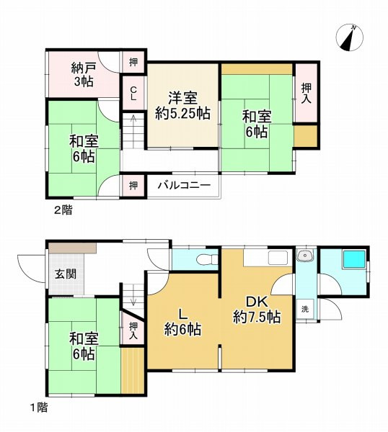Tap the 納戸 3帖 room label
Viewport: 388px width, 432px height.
82,74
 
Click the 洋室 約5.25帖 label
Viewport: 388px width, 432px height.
183,105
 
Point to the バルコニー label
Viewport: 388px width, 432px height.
185,186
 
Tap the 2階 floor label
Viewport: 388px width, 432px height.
62,210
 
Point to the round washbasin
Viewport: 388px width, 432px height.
305,256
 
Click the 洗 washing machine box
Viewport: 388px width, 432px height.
306,307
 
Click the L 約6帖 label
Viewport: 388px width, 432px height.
182,323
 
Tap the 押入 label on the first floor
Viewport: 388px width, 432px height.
133,330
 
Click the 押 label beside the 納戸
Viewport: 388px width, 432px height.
133,62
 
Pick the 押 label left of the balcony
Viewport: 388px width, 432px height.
133,186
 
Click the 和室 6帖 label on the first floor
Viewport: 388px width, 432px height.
82,346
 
